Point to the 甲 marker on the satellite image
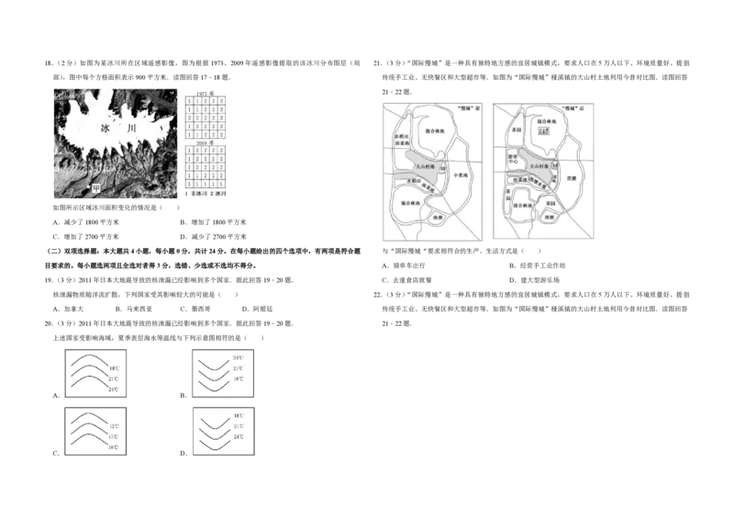coord(95,187)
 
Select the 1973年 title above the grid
coord(206,94)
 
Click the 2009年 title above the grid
coord(206,145)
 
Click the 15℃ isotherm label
coord(114,437)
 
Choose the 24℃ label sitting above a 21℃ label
coord(238,357)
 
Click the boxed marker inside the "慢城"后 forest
coord(543,131)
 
